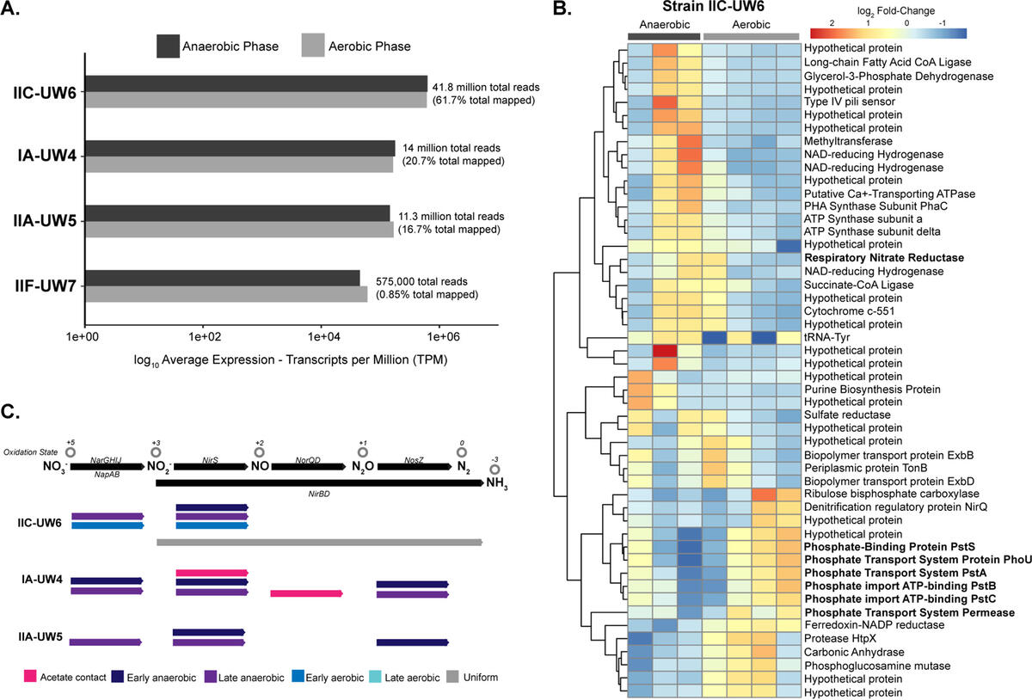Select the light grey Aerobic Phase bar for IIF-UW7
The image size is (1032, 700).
(x=226, y=294)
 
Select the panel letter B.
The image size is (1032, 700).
(x=561, y=11)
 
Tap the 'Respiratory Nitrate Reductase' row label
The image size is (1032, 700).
(x=883, y=258)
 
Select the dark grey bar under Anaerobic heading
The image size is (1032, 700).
(x=664, y=36)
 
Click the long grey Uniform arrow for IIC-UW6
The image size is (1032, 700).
(x=319, y=542)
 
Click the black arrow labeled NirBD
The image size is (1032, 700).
(x=319, y=483)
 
